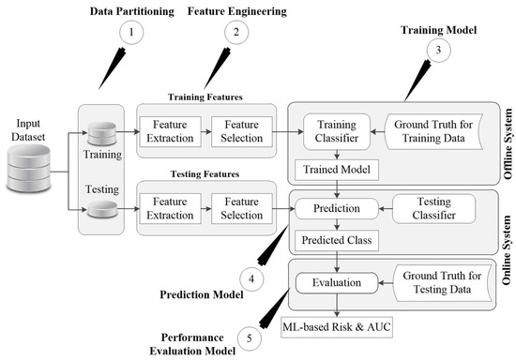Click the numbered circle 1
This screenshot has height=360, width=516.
(131, 32)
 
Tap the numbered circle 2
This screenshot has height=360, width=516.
(236, 32)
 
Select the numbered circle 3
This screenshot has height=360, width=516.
(438, 50)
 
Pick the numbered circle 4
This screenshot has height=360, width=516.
(251, 279)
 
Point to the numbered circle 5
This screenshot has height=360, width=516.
(250, 338)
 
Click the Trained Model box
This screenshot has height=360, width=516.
(337, 170)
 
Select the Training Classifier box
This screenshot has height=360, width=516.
(337, 131)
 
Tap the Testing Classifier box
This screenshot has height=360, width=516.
(433, 208)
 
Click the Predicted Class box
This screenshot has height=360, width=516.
(337, 240)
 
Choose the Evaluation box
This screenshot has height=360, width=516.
(337, 283)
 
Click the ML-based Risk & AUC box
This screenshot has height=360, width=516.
(337, 327)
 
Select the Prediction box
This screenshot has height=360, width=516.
(337, 208)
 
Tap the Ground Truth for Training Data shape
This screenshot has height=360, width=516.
(433, 131)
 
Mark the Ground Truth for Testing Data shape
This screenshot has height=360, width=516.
(442, 283)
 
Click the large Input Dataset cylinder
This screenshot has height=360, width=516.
(29, 168)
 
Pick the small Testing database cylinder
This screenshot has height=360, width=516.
(102, 209)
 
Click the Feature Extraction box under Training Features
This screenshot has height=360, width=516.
(170, 131)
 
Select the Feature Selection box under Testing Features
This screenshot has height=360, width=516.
(241, 208)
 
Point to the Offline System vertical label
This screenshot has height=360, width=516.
(508, 143)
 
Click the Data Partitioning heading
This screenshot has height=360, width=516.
(132, 11)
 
